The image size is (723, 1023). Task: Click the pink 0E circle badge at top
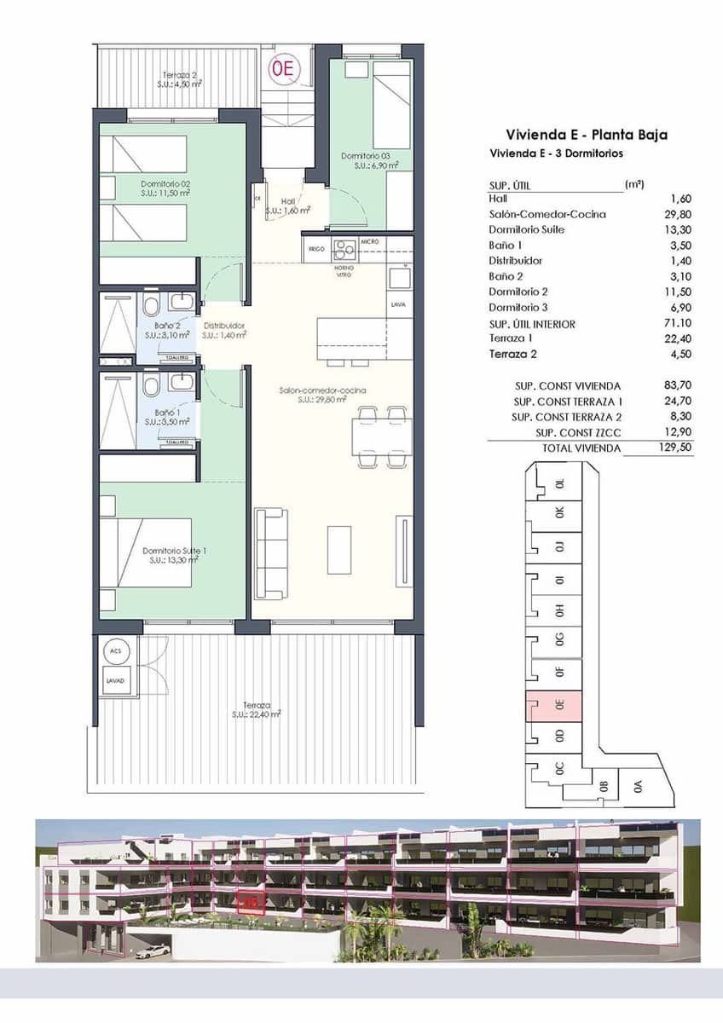click(x=282, y=69)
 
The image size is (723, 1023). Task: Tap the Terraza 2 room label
click(x=180, y=79)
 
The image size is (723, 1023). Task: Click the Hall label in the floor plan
click(x=287, y=205)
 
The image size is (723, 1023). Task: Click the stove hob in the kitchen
click(x=344, y=249)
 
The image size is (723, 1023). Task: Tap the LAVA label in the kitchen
click(x=397, y=304)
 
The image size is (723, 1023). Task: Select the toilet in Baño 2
click(x=151, y=305)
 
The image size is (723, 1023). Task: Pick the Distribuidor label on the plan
click(x=224, y=330)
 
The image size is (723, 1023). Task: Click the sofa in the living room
click(x=271, y=554)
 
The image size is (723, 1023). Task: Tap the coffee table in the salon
click(x=339, y=550)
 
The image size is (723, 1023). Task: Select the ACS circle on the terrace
click(x=115, y=651)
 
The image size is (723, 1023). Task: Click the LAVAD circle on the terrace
click(x=115, y=681)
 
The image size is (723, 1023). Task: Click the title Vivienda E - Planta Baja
click(x=586, y=135)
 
